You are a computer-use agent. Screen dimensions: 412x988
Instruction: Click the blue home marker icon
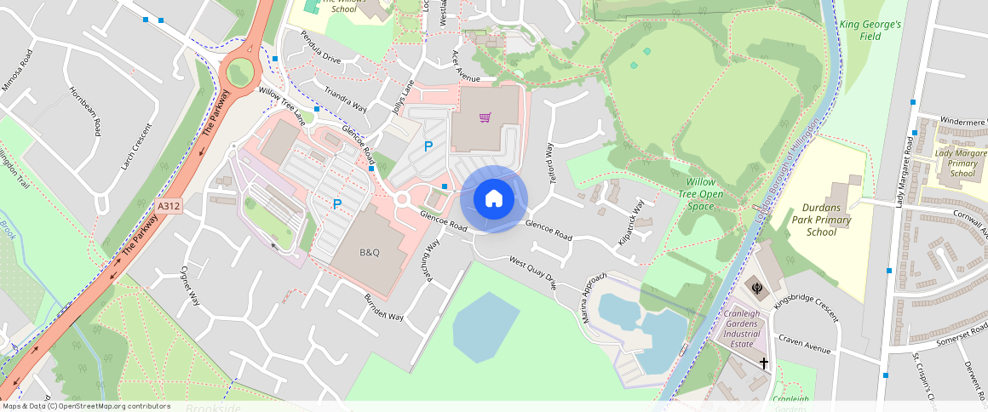[x=494, y=199]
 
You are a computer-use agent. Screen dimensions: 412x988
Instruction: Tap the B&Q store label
[x=370, y=253]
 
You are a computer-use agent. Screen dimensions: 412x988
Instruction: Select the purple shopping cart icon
[x=485, y=117]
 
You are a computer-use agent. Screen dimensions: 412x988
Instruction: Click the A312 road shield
[x=169, y=205]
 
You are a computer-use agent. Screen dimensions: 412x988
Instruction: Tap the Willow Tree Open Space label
[x=706, y=194]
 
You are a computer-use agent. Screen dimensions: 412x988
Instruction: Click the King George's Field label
[x=870, y=31]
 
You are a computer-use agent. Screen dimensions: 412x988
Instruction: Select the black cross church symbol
[x=763, y=363]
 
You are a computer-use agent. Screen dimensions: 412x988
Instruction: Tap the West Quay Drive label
[x=532, y=272]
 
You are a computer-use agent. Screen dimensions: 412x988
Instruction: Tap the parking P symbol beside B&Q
[x=337, y=204]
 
